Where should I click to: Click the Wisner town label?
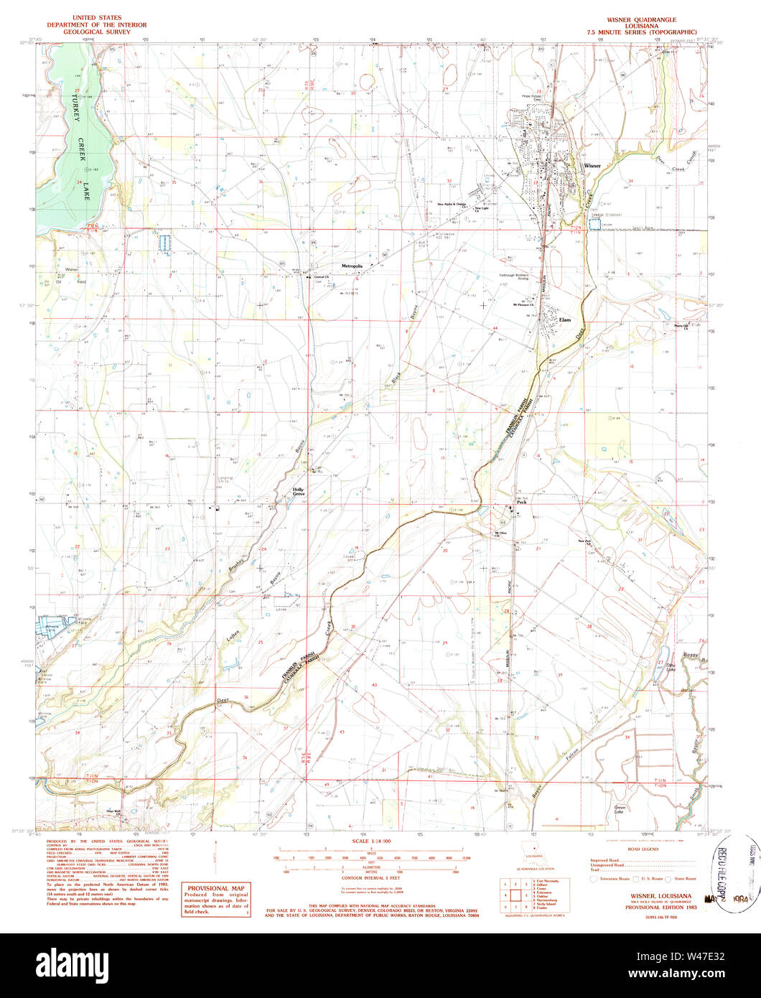pos(592,166)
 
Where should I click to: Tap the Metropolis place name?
pos(353,266)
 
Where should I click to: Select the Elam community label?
pos(565,320)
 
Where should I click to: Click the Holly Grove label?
pos(298,493)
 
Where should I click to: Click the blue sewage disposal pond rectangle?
pos(594,225)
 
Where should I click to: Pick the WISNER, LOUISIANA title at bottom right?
pos(661,895)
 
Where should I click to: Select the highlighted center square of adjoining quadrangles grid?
pos(516,895)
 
